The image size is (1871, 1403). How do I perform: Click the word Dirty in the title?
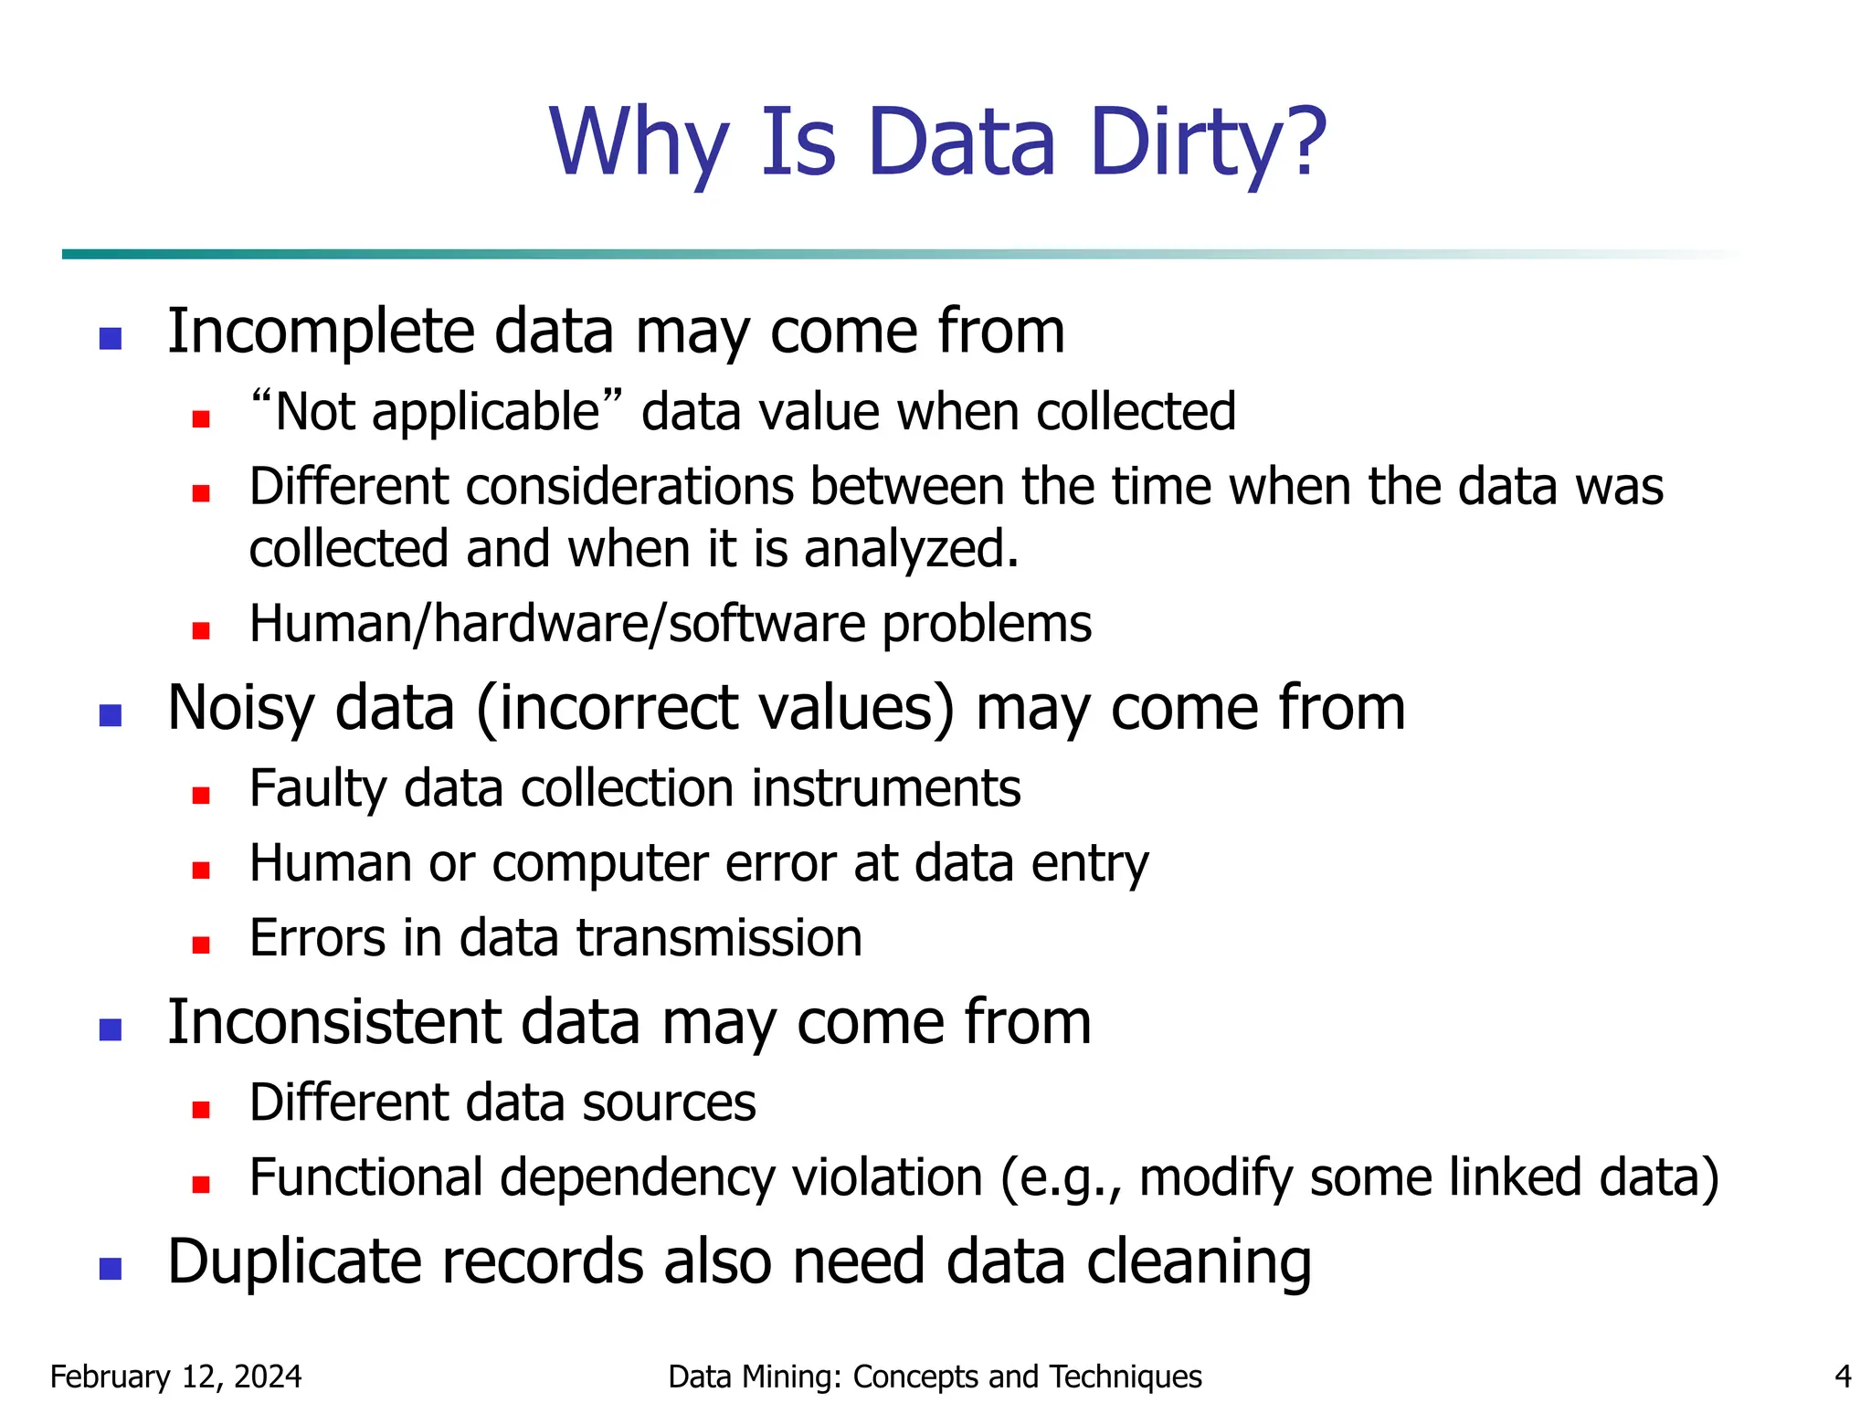1208,144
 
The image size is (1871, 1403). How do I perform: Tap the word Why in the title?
639,144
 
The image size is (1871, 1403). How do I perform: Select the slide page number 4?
1843,1376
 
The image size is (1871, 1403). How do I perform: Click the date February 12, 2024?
175,1376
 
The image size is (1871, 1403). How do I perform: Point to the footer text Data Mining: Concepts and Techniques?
935,1376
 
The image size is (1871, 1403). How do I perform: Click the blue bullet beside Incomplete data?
111,339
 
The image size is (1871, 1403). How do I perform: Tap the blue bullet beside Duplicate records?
111,1269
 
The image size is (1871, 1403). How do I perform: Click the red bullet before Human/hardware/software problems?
201,630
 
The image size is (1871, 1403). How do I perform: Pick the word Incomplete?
321,332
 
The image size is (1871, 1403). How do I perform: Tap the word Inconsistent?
333,1022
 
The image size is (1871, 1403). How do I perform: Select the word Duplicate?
293,1262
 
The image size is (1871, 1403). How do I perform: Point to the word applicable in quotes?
484,413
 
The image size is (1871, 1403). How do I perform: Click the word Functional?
365,1177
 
